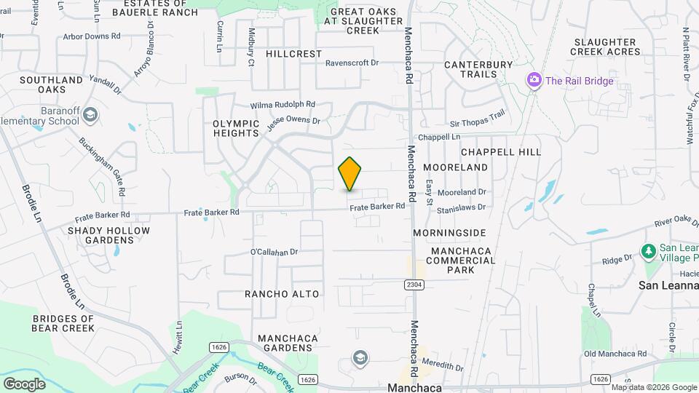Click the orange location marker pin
point(349,174)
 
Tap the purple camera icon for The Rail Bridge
point(534,79)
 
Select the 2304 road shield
point(413,285)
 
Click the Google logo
point(24,384)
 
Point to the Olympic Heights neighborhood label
point(236,128)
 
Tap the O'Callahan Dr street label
point(275,252)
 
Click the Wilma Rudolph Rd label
point(283,104)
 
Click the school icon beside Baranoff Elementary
point(90,115)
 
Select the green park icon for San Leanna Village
point(648,251)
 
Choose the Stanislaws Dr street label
point(461,207)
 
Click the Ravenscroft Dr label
point(352,63)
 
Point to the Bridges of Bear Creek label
point(63,323)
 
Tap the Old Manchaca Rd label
point(615,354)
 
